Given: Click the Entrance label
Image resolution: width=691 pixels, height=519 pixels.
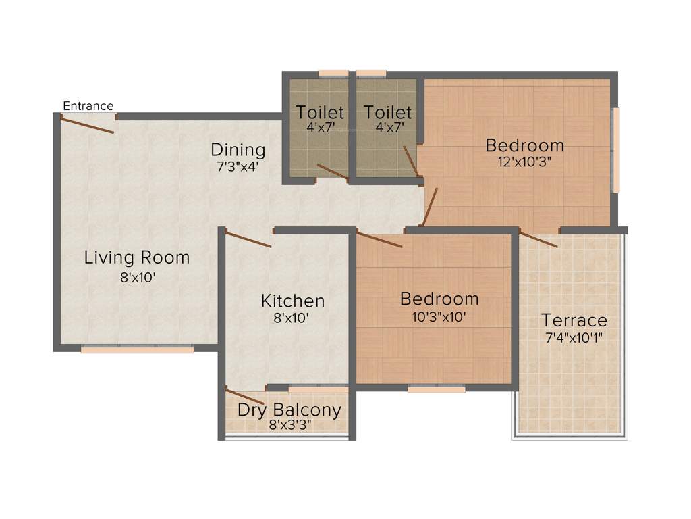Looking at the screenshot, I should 88,106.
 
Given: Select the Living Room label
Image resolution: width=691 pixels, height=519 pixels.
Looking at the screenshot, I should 137,257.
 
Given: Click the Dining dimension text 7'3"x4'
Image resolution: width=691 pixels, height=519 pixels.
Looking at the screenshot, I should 238,166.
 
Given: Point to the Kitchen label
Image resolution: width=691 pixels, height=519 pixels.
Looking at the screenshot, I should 293,301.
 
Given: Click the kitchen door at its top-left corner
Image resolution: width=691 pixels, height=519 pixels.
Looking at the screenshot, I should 248,239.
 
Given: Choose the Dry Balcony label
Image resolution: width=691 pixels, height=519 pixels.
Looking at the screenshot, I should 289,410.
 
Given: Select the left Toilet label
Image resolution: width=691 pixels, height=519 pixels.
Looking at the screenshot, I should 320,112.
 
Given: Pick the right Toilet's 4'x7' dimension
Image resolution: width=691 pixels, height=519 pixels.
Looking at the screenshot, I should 387,127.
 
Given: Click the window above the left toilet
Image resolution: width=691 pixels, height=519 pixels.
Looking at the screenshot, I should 333,73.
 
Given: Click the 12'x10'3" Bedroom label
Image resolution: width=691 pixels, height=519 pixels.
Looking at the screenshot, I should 524,162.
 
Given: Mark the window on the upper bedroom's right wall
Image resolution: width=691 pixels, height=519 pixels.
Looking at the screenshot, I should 615,150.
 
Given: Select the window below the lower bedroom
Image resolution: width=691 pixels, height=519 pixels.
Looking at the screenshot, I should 437,389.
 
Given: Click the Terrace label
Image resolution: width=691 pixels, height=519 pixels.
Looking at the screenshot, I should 574,320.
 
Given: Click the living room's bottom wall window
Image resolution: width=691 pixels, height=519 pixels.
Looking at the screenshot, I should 137,349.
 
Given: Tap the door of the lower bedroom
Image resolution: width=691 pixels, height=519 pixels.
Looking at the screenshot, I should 379,240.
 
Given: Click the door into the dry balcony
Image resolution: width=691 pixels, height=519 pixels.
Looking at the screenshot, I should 244,397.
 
